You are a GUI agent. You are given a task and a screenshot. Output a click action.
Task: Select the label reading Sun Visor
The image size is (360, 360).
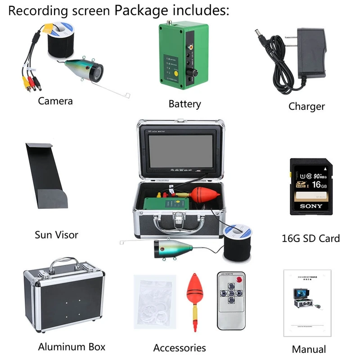point(56,234)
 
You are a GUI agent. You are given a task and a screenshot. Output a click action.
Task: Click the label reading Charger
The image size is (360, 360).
point(306,107)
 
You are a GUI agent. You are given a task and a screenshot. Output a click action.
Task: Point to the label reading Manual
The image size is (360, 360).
point(309,349)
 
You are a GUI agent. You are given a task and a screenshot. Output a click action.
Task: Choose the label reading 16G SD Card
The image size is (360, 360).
point(310,238)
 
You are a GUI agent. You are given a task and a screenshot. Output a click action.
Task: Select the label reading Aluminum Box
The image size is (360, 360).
point(72,346)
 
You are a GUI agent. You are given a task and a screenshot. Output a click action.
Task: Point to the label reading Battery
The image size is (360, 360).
point(184,104)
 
